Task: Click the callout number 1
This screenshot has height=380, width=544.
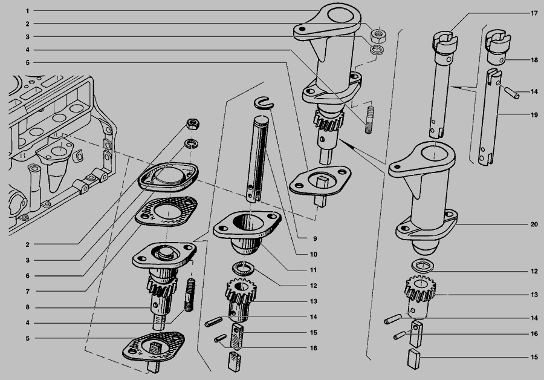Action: [x=27, y=11]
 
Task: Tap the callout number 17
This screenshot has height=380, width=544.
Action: [x=534, y=13]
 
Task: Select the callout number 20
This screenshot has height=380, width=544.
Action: [x=534, y=224]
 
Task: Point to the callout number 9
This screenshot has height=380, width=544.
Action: [x=315, y=238]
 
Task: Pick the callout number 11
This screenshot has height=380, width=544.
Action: [x=313, y=270]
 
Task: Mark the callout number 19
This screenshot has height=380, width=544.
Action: [x=534, y=114]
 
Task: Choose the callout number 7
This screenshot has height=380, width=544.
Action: [x=27, y=292]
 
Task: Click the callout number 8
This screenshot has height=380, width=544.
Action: [x=27, y=307]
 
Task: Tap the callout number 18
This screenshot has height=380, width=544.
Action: [x=534, y=60]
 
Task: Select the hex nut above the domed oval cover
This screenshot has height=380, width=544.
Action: [x=193, y=124]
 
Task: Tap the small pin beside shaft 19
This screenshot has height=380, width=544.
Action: [x=511, y=93]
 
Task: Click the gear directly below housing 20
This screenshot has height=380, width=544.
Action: [x=420, y=288]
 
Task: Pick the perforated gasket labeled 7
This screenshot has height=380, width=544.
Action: [x=167, y=211]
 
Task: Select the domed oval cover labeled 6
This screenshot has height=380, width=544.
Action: [x=168, y=177]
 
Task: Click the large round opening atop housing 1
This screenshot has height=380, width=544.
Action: [x=340, y=16]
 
